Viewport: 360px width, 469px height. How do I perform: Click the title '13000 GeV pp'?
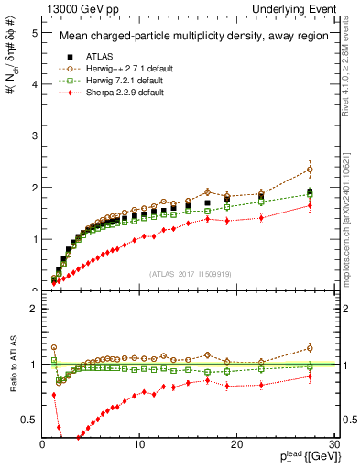pos(75,9)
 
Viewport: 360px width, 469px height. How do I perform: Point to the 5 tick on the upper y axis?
pos(33,32)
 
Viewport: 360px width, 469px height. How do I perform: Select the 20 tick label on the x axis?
pos(236,444)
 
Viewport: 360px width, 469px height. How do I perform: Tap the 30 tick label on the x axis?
pos(333,444)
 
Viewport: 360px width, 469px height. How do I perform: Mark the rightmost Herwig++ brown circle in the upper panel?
pos(310,169)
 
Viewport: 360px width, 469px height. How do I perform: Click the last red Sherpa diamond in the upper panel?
pos(310,205)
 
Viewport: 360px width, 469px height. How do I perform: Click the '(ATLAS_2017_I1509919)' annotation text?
pos(191,274)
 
